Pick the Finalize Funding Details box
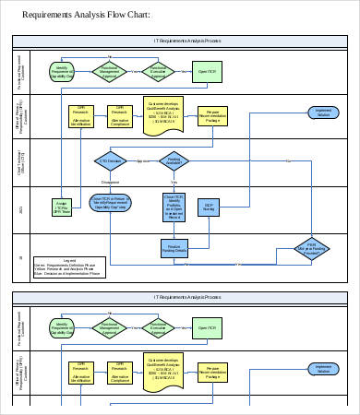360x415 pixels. pyautogui.click(x=173, y=249)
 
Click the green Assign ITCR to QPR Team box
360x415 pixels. pyautogui.click(x=62, y=207)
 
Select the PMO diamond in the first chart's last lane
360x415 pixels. pyautogui.click(x=311, y=249)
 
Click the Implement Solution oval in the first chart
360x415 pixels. pyautogui.click(x=323, y=112)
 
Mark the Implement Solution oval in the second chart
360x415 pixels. pyautogui.click(x=323, y=369)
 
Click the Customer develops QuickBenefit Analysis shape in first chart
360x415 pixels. pyautogui.click(x=166, y=113)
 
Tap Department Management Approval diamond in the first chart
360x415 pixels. pyautogui.click(x=109, y=70)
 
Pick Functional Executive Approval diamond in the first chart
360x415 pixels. pyautogui.click(x=158, y=70)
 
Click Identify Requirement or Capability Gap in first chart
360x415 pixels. pyautogui.click(x=62, y=71)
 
